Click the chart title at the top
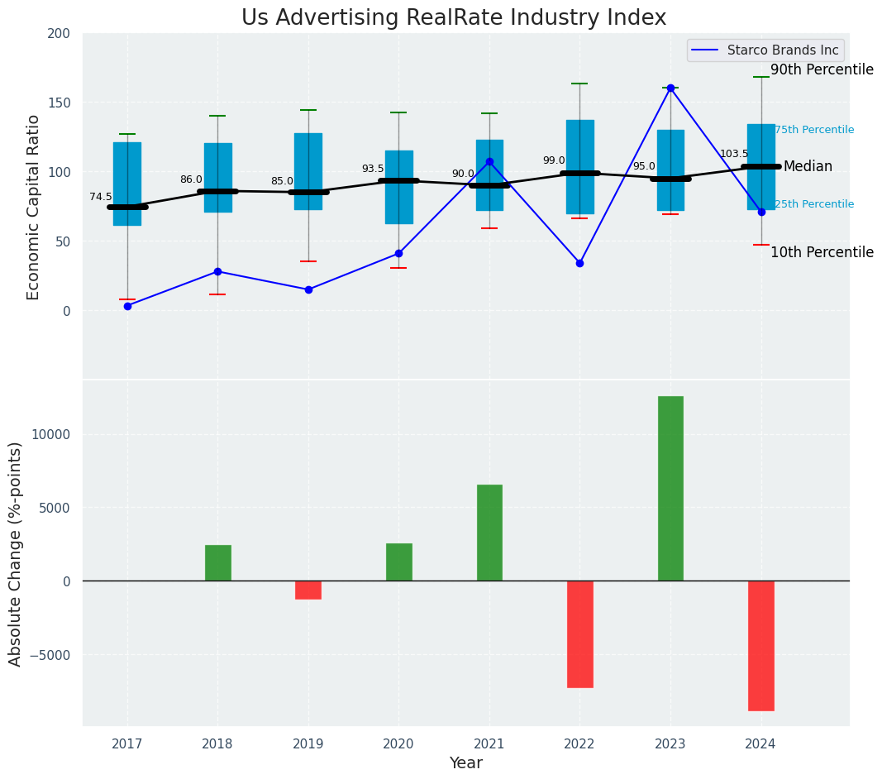click(x=453, y=18)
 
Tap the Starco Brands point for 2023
click(x=670, y=88)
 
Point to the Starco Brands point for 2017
click(x=127, y=306)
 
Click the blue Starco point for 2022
click(x=579, y=263)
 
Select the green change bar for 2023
click(x=670, y=488)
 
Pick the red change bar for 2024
click(x=760, y=645)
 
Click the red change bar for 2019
click(x=308, y=590)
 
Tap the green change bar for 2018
click(x=217, y=562)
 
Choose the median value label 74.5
click(x=101, y=197)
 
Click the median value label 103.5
click(x=734, y=154)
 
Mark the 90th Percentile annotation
click(x=822, y=70)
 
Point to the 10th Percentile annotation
click(x=822, y=253)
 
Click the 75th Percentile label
click(x=814, y=130)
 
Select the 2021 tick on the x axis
click(x=489, y=744)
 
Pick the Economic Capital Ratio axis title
click(x=34, y=207)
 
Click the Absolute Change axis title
click(x=16, y=554)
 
